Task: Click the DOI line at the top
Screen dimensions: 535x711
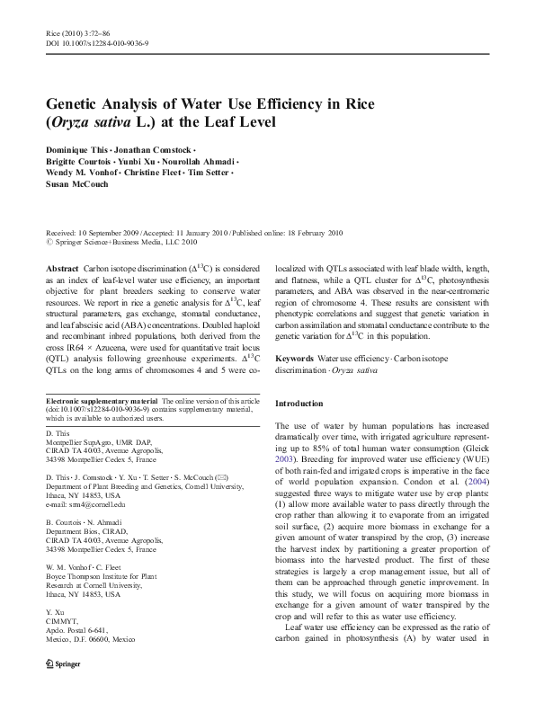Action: coord(96,42)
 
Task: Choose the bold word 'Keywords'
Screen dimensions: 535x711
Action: coord(295,358)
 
